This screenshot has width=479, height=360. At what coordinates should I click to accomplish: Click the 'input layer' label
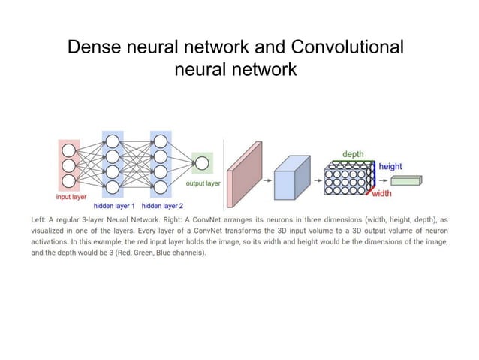tap(71, 197)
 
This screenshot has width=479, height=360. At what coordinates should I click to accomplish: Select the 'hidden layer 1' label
tap(114, 205)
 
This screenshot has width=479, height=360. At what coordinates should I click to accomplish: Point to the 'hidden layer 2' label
tap(163, 205)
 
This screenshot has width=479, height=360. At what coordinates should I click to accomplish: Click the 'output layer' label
tap(203, 183)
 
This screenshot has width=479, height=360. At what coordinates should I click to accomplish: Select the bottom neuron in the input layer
tap(69, 181)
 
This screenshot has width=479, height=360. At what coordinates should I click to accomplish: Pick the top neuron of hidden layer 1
tap(112, 141)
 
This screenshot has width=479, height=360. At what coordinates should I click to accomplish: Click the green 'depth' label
tap(353, 154)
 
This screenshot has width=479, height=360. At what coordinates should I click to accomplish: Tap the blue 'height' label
tap(390, 166)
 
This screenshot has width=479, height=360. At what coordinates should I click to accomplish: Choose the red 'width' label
tap(382, 193)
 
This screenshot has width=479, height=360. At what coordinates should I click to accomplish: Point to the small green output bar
tap(406, 180)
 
